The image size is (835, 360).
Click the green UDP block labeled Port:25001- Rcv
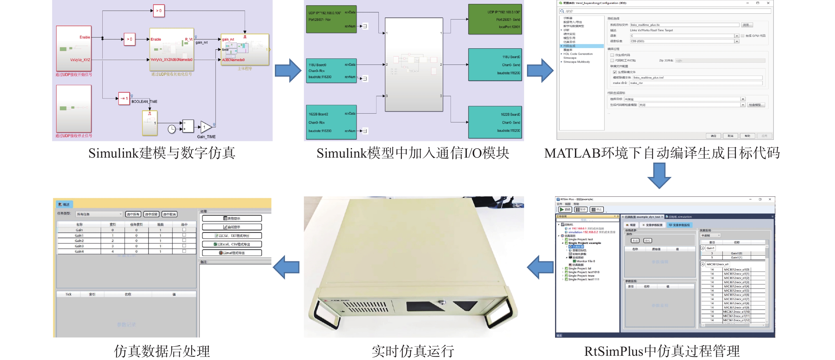(331, 19)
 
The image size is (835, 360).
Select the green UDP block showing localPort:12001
(495, 19)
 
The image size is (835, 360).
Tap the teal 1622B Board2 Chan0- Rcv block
(331, 122)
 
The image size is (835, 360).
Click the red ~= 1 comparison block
(124, 98)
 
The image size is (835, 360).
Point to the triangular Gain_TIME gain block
(205, 127)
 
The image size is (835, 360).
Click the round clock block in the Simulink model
(172, 129)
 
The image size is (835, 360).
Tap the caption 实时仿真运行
(413, 351)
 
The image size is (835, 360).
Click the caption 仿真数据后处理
(162, 351)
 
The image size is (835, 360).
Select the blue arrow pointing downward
(659, 175)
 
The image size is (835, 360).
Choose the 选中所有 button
(133, 214)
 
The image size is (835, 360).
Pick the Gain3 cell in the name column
(79, 246)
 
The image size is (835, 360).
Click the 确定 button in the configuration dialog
(713, 136)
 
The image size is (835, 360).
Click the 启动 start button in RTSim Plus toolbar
(565, 210)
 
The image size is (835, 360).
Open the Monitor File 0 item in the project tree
(585, 261)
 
